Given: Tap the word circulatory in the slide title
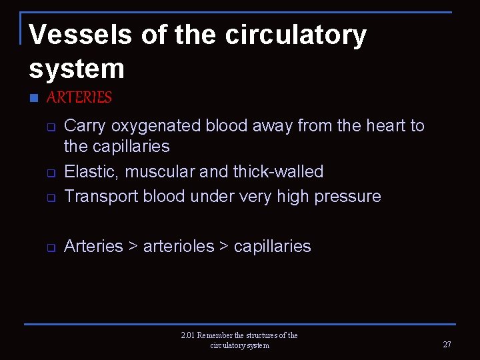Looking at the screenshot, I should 295,35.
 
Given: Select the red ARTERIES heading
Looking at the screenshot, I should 79,97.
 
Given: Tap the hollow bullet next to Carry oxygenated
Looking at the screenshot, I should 50,127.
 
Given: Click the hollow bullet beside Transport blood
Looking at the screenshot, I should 50,197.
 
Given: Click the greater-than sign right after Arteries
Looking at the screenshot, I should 133,246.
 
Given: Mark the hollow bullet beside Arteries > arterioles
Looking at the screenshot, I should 50,247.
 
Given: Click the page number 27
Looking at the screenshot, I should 447,345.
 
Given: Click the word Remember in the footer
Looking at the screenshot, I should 217,335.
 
